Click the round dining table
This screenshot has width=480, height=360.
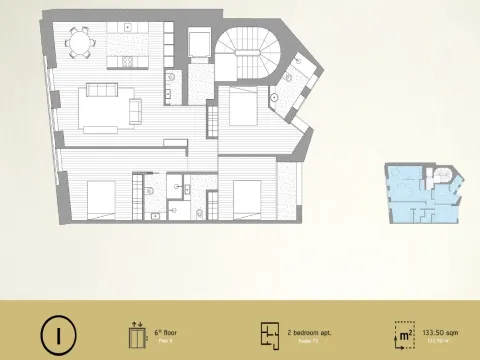click(81, 43)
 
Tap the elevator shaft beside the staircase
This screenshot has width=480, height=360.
click(198, 44)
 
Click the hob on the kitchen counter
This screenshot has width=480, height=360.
click(131, 61)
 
